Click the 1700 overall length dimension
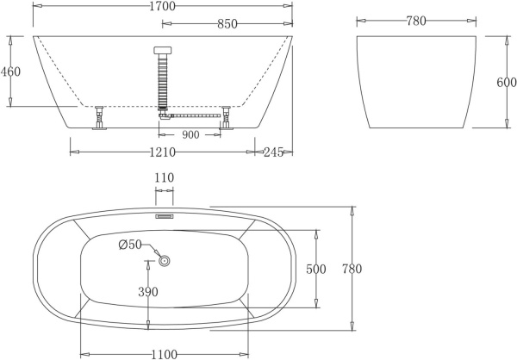tap(162, 7)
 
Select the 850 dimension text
tap(227, 24)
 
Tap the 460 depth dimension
tap(10, 71)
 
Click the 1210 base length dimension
tap(162, 152)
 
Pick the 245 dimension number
tap(274, 152)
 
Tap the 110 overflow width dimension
tap(164, 178)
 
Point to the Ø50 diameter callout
tap(130, 246)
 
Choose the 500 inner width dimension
tap(315, 269)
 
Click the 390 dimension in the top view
tap(148, 292)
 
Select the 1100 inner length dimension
tap(164, 353)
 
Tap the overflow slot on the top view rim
tap(164, 216)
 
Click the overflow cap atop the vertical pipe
tap(162, 51)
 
